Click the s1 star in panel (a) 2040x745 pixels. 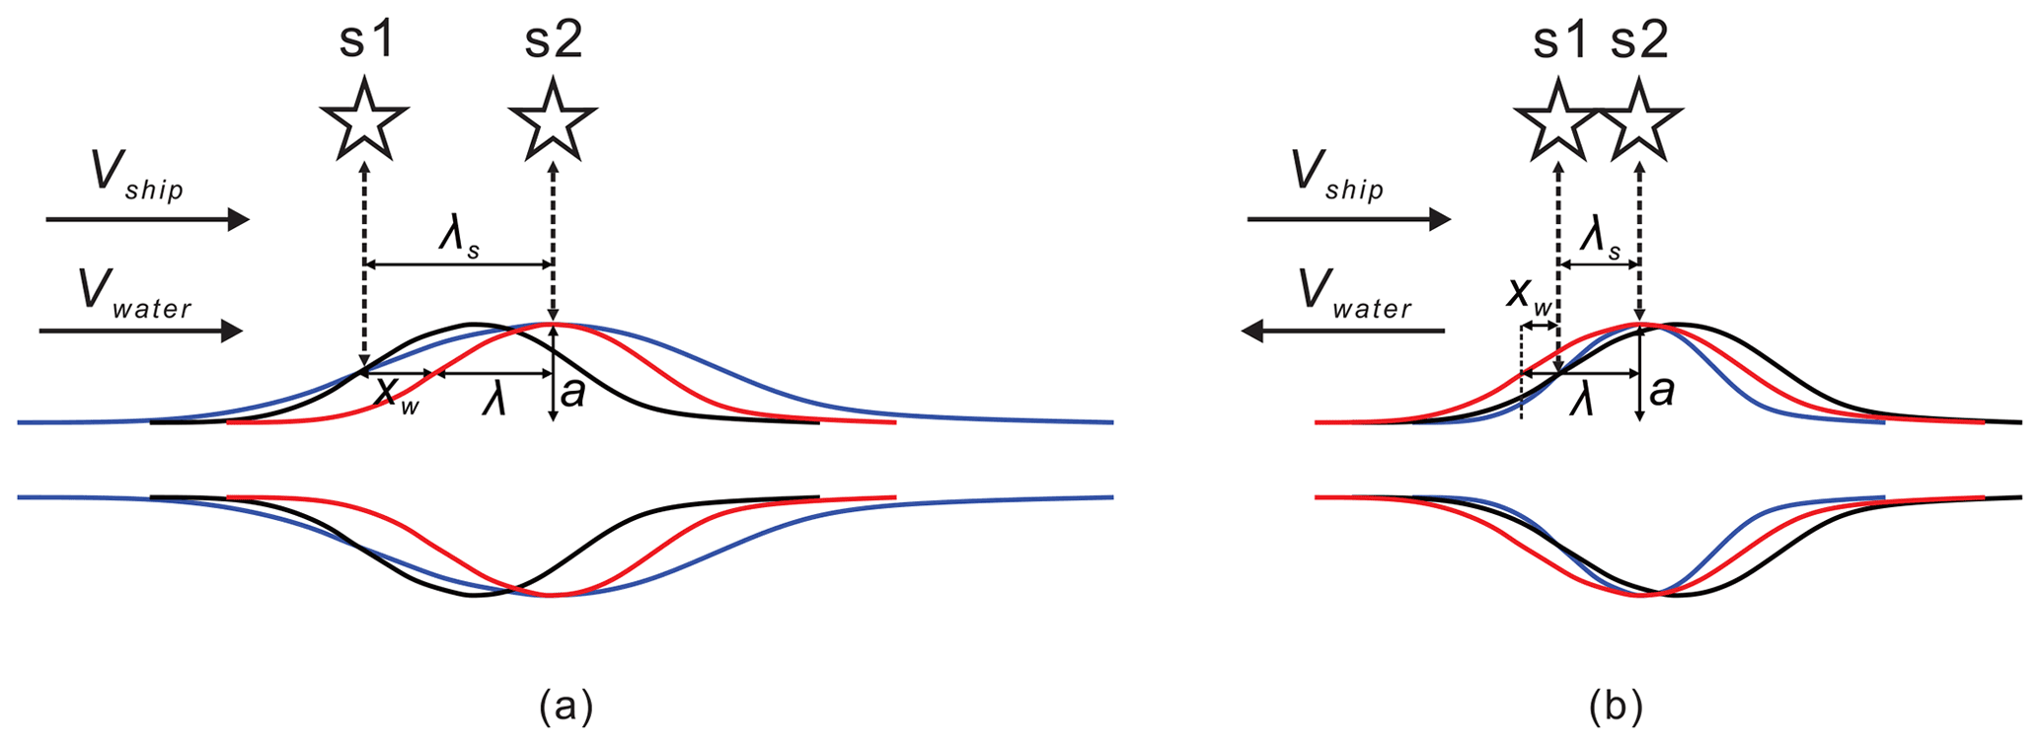tap(364, 122)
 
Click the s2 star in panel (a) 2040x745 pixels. tap(553, 122)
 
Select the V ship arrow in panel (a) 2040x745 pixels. tap(148, 219)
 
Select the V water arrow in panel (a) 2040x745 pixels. tap(141, 331)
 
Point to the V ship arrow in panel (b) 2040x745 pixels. tap(1349, 219)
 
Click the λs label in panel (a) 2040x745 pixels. tap(460, 240)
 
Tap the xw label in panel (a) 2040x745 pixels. tap(398, 395)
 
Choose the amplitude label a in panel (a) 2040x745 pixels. tap(572, 392)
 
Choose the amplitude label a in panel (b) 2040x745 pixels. tap(1662, 392)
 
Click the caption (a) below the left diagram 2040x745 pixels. tap(566, 707)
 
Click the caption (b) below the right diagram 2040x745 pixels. tap(1616, 707)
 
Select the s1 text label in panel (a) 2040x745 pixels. tap(366, 40)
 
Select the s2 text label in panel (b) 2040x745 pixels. tap(1639, 40)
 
